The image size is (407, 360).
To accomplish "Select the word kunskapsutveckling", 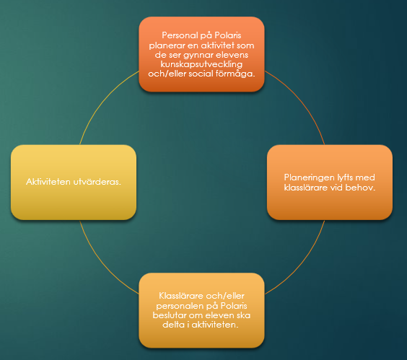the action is [x=201, y=64].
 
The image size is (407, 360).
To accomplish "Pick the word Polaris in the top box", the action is [x=228, y=35].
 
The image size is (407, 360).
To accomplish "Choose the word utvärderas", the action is [x=97, y=182].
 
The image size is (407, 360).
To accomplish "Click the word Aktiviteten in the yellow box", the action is [x=48, y=182].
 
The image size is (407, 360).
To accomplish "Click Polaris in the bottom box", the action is [x=234, y=306].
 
